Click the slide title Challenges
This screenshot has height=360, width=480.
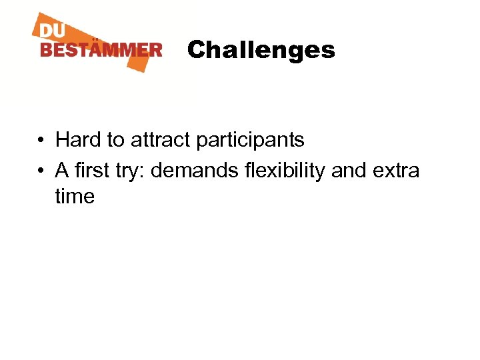click(261, 50)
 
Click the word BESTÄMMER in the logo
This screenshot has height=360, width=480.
click(101, 50)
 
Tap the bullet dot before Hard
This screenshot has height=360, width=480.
click(41, 141)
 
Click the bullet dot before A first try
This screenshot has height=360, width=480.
click(41, 171)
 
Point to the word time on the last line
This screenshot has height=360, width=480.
click(75, 197)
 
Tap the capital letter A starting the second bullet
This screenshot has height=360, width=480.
click(62, 171)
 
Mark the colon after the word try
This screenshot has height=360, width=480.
click(145, 172)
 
